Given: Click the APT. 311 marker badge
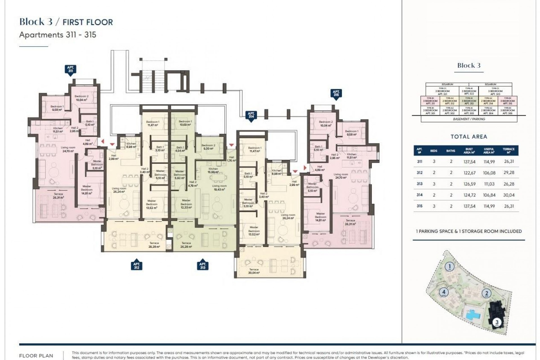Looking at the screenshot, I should (70, 69).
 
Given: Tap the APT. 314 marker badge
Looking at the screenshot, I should (251, 116).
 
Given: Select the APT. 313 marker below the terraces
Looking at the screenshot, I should (202, 265).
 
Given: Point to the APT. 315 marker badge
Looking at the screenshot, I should (336, 94).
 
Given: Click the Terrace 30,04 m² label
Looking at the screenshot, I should (254, 271).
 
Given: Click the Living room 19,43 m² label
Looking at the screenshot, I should (219, 188).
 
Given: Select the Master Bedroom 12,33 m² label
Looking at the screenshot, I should (186, 204).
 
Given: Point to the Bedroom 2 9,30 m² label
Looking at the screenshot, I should (208, 147).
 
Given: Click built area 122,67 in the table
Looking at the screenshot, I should (469, 173).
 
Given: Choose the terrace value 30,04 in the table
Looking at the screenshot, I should (508, 195).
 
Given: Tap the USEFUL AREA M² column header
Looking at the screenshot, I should (489, 150).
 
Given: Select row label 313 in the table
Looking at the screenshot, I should (419, 184).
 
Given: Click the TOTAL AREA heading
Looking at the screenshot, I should (469, 137).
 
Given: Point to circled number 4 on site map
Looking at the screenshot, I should (444, 292).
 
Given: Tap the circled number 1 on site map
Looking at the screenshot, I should (450, 266).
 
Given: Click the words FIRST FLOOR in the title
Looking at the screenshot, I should (87, 22).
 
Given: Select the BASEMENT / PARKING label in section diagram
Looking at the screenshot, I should (469, 119).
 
